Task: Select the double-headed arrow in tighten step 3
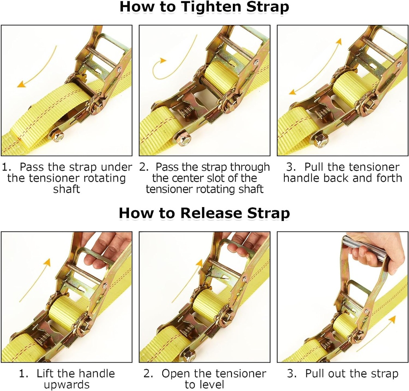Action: tap(316, 66)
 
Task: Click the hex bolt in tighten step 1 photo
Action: tap(58, 137)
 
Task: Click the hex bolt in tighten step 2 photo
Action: tap(184, 140)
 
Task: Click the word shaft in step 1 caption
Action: tap(66, 189)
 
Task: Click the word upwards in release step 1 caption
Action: tap(66, 385)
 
